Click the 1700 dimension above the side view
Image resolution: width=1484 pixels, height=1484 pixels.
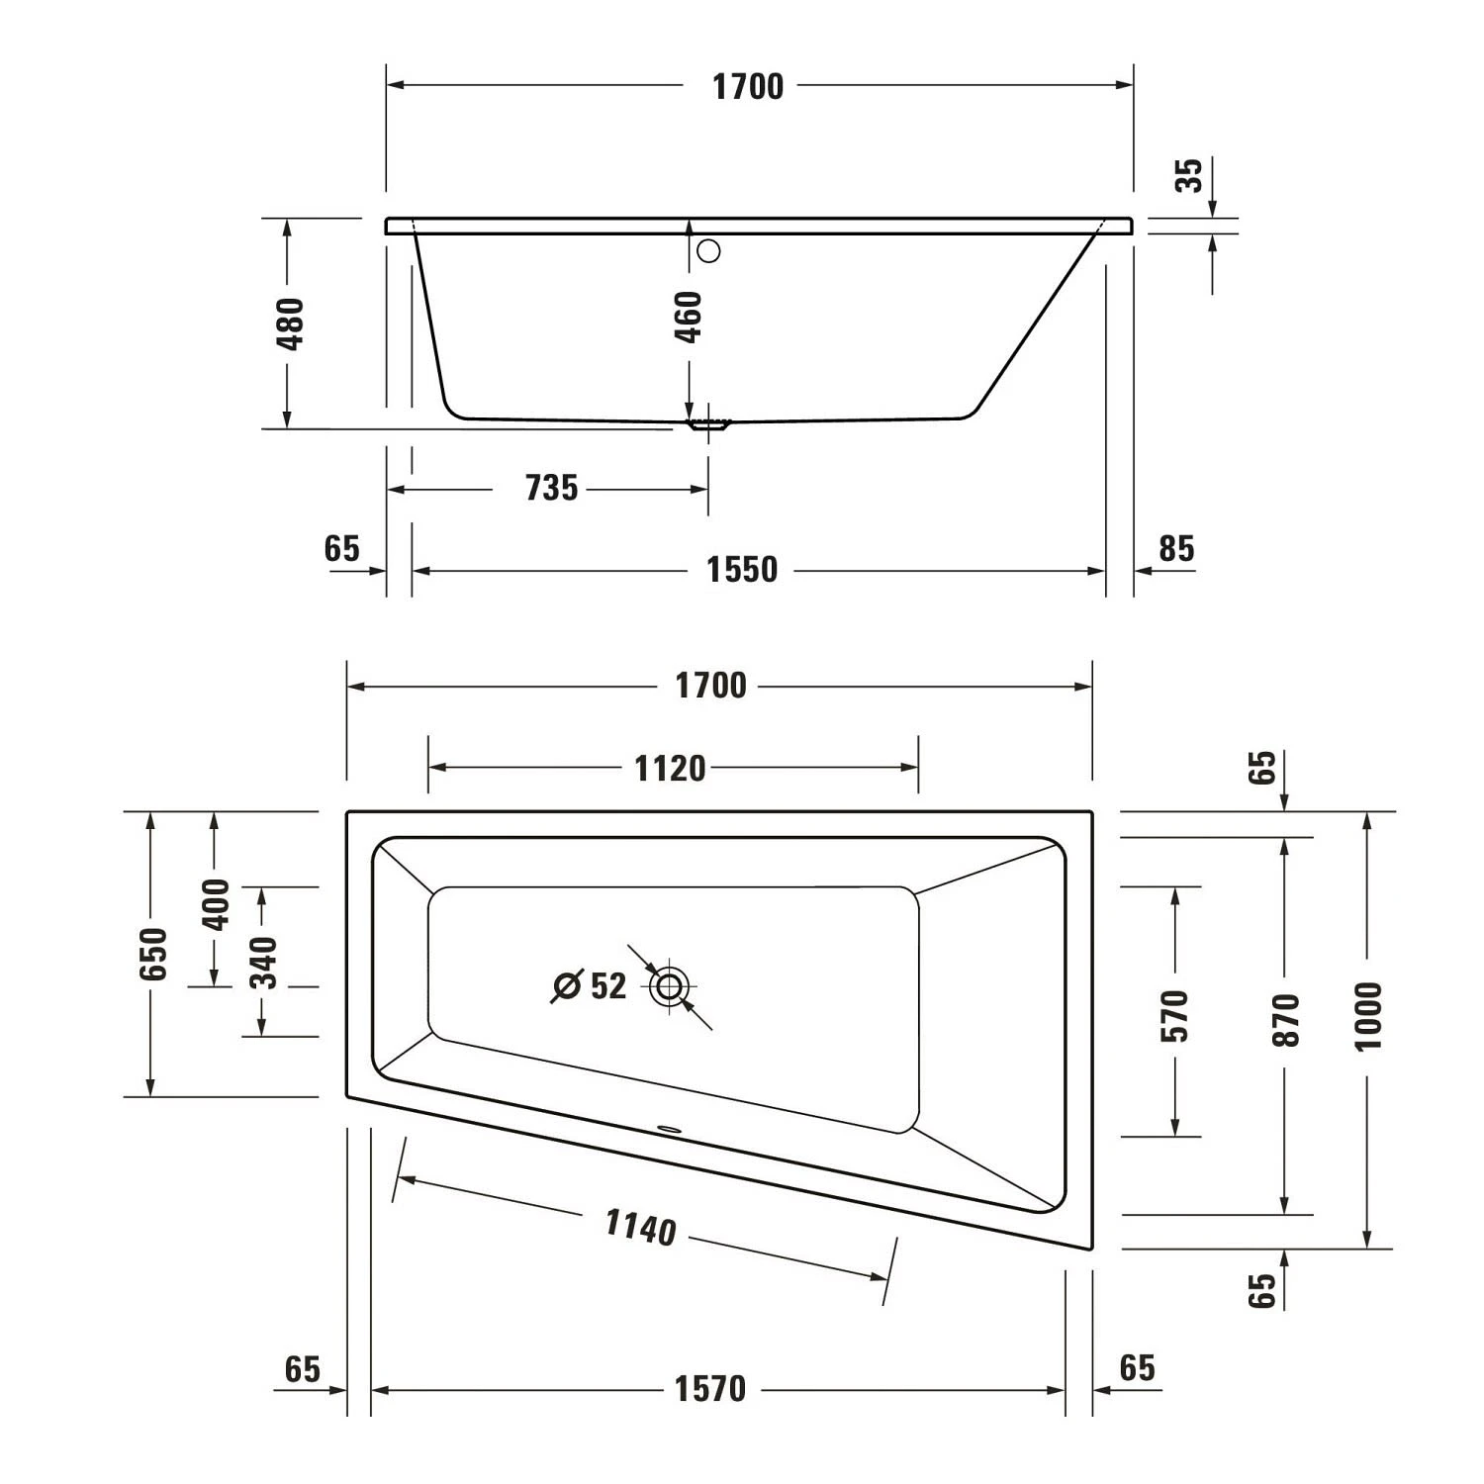point(748,87)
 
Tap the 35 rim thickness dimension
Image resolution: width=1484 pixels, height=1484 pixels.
point(1190,175)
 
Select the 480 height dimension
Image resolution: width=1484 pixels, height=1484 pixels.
point(291,324)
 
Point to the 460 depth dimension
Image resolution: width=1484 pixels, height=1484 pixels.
point(689,317)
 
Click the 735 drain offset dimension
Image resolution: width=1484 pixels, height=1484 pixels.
point(551,488)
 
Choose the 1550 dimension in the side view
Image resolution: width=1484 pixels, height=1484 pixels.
point(742,570)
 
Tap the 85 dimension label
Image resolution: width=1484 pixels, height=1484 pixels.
point(1176,548)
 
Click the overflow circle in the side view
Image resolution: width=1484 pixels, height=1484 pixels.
point(708,251)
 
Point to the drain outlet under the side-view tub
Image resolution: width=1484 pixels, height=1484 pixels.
point(708,426)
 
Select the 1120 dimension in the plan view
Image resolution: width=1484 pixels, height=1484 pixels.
point(670,768)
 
